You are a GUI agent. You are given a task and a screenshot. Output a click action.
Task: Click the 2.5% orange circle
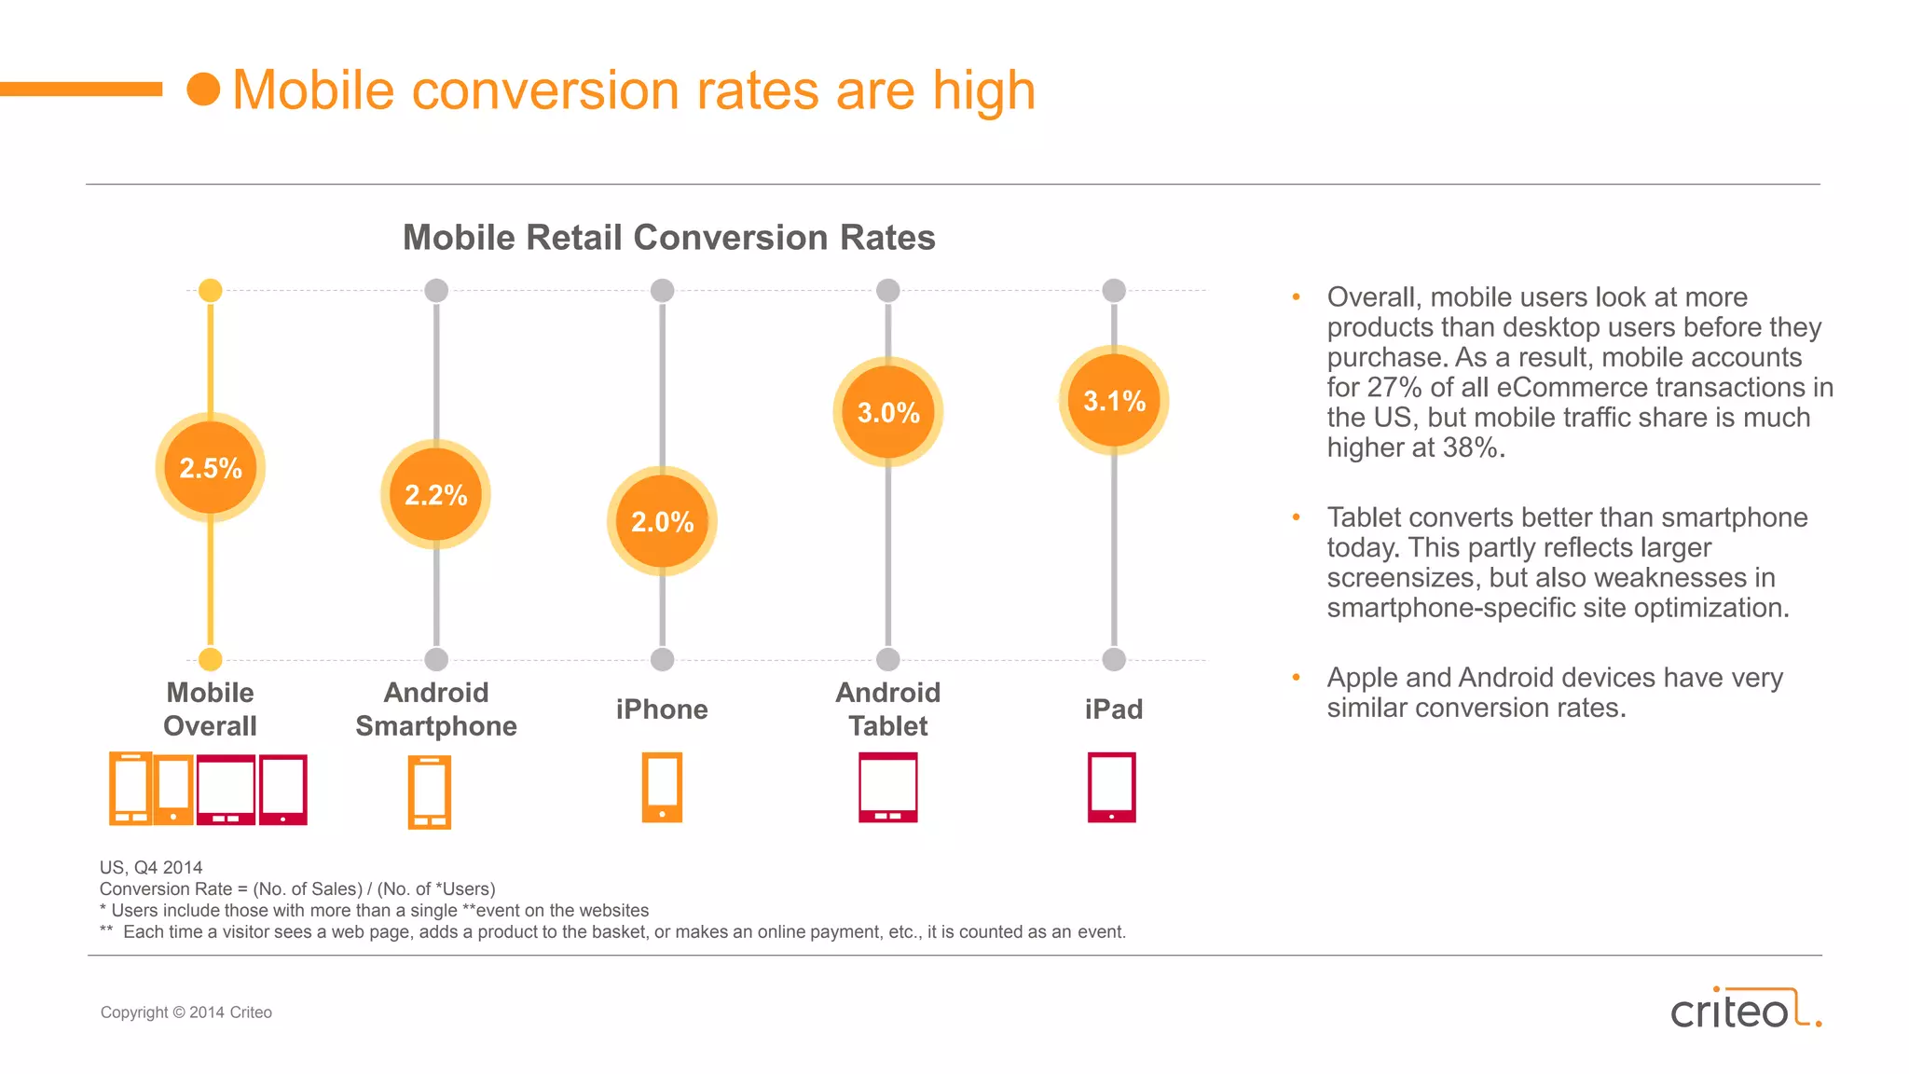pyautogui.click(x=211, y=467)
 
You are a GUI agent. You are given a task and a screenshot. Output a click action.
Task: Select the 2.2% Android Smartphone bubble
pyautogui.click(x=435, y=494)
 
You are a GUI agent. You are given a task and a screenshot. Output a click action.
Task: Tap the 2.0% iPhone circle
pyautogui.click(x=662, y=521)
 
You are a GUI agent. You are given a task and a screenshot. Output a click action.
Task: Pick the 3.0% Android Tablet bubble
pyautogui.click(x=888, y=412)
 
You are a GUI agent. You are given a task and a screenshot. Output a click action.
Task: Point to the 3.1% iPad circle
pyautogui.click(x=1114, y=401)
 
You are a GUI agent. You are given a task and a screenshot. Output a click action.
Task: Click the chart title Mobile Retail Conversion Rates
pyautogui.click(x=668, y=238)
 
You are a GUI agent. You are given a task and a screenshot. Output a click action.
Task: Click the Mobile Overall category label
pyautogui.click(x=210, y=709)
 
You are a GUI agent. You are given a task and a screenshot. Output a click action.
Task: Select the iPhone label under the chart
pyautogui.click(x=662, y=709)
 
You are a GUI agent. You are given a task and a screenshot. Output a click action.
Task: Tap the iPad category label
pyautogui.click(x=1114, y=709)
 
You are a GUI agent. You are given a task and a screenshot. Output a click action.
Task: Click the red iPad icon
pyautogui.click(x=1112, y=788)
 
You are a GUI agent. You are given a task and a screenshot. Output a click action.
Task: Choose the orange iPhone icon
pyautogui.click(x=662, y=788)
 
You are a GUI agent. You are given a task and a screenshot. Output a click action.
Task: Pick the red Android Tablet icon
pyautogui.click(x=888, y=788)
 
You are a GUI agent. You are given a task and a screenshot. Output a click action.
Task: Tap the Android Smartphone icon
pyautogui.click(x=430, y=792)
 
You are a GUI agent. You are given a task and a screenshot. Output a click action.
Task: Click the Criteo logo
pyautogui.click(x=1744, y=1010)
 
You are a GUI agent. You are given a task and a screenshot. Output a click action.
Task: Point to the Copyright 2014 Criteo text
pyautogui.click(x=186, y=1012)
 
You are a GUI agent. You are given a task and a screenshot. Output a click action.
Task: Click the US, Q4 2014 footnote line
pyautogui.click(x=151, y=867)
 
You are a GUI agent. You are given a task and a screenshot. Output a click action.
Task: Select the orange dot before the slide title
pyautogui.click(x=203, y=89)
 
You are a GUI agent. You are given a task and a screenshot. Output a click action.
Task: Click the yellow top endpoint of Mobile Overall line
pyautogui.click(x=211, y=290)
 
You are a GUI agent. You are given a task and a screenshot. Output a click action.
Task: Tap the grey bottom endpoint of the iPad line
pyautogui.click(x=1114, y=659)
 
